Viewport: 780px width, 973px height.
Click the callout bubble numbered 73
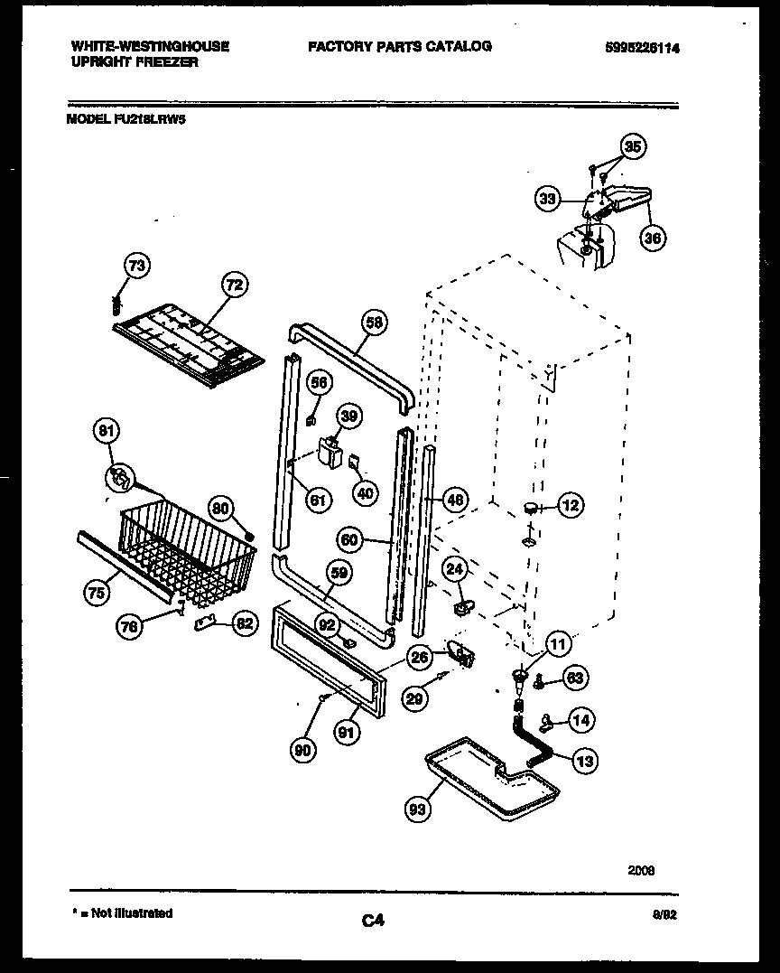(137, 267)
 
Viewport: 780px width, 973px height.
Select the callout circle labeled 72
(234, 285)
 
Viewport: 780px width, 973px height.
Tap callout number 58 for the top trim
(374, 321)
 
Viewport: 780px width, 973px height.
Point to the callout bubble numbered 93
(416, 810)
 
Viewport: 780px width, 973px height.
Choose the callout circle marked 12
(571, 506)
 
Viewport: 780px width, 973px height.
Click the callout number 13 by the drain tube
(585, 762)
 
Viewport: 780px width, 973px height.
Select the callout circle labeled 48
(457, 499)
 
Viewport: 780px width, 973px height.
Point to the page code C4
(373, 921)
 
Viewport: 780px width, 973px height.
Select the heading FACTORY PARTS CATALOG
(400, 46)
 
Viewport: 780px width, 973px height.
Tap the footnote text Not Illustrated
(135, 913)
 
